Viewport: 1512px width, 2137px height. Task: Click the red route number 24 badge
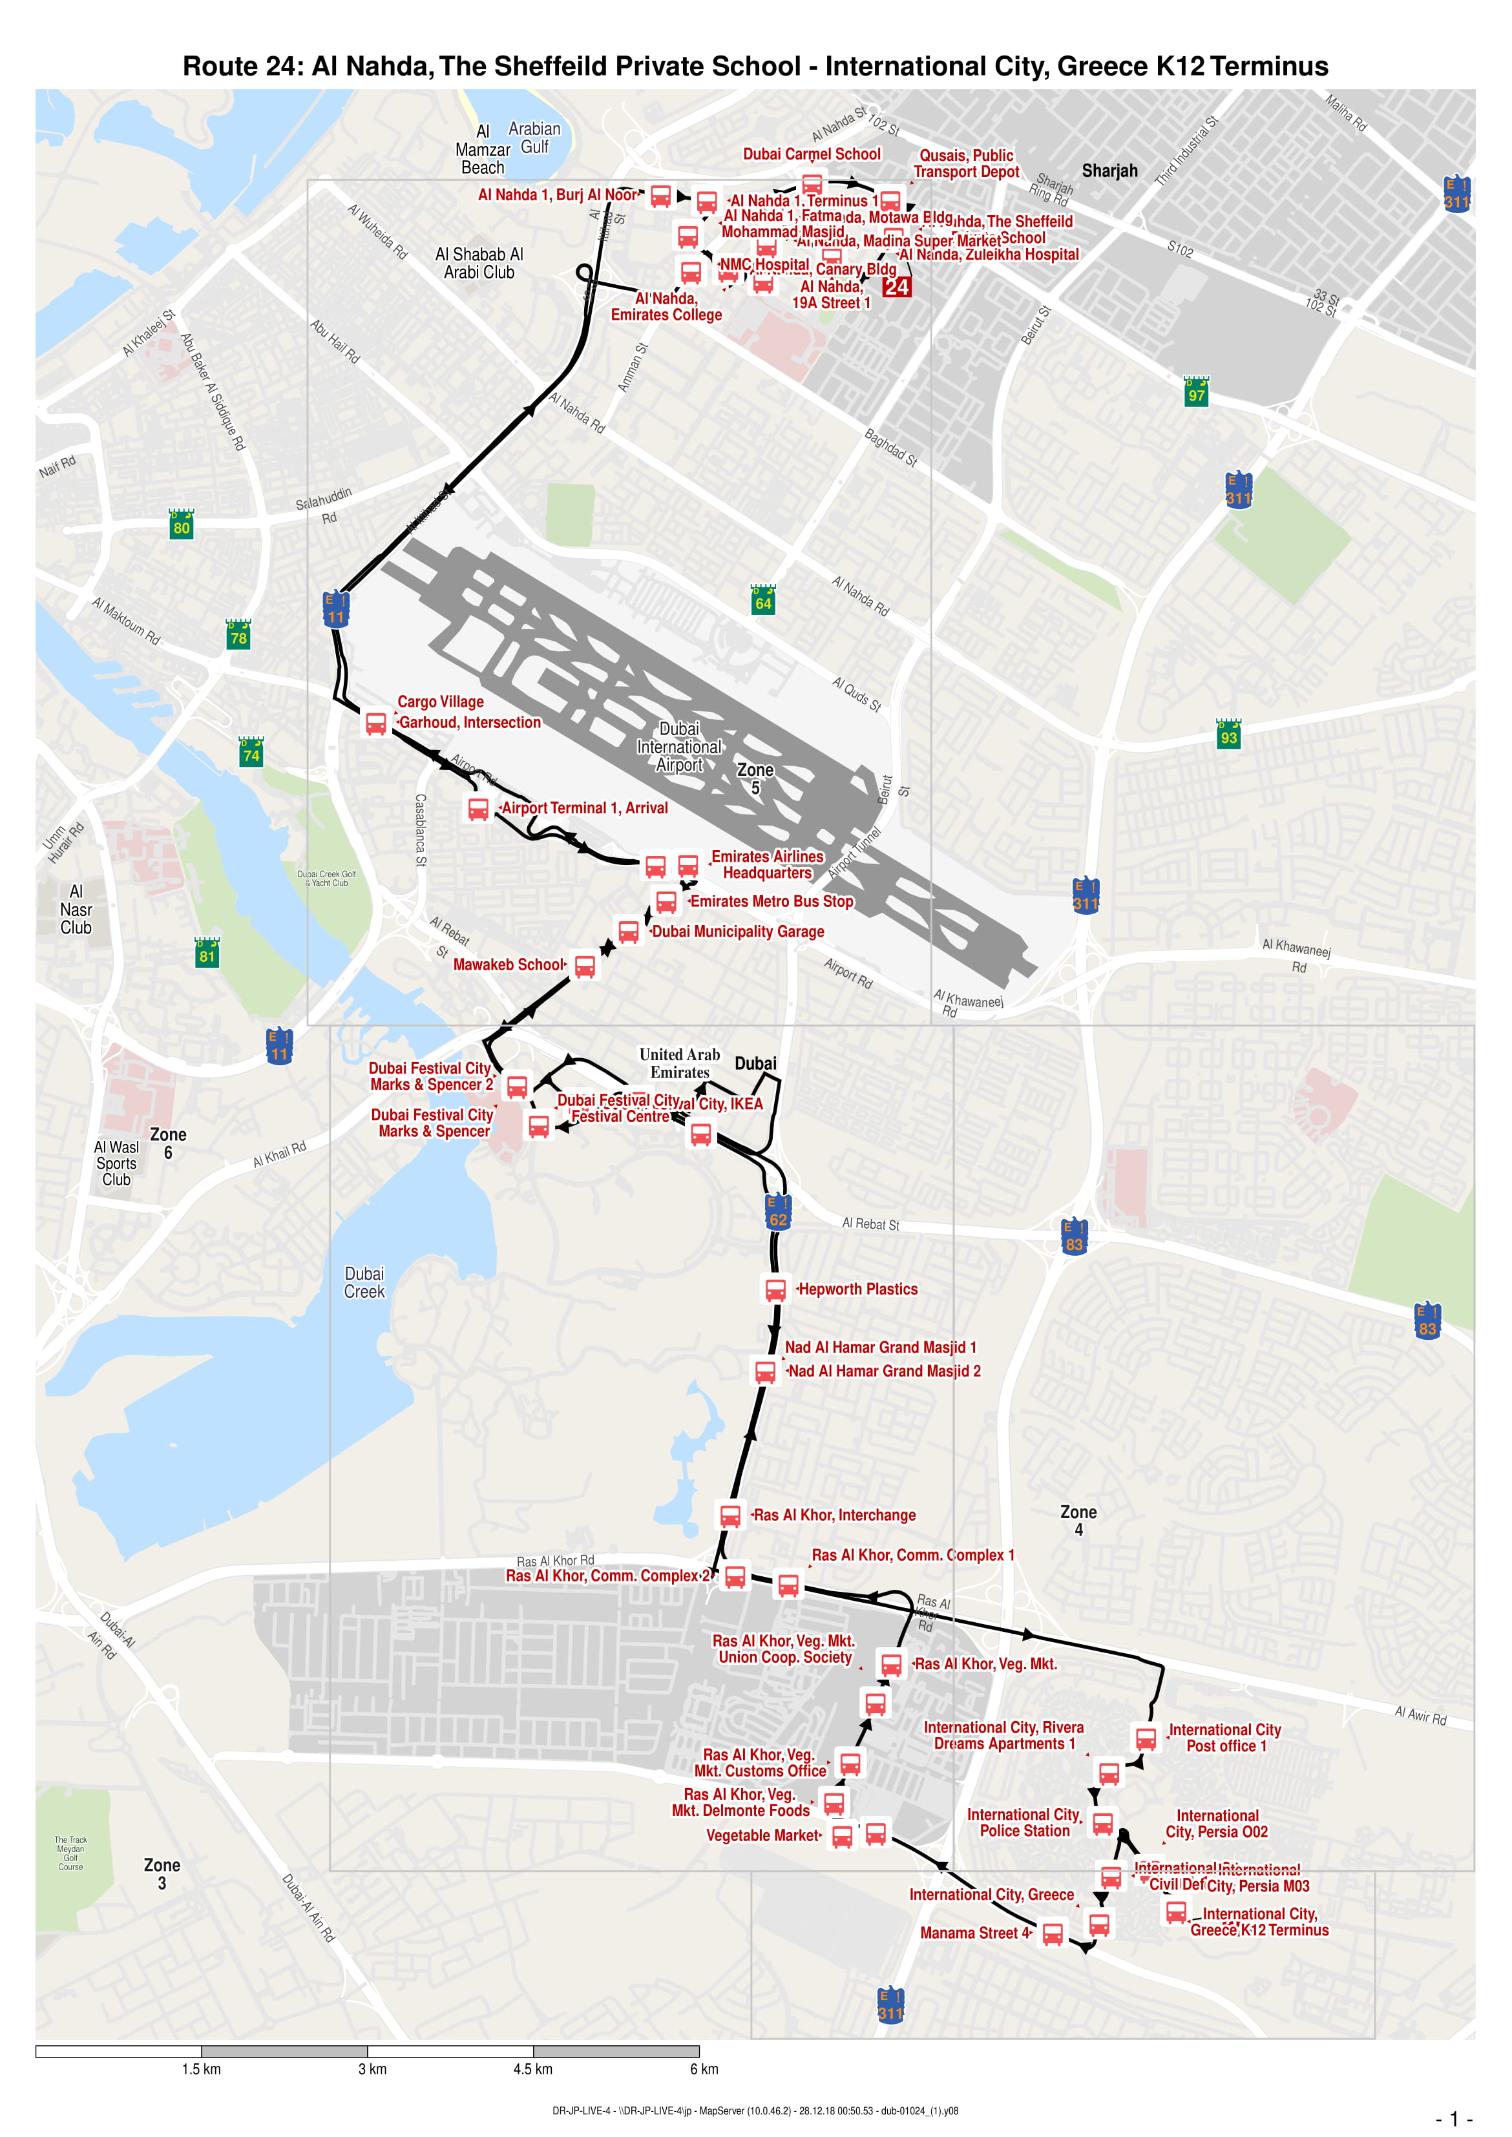pos(897,287)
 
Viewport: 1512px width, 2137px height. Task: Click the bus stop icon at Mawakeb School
pos(585,966)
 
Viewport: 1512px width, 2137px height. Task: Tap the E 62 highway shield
pos(779,1212)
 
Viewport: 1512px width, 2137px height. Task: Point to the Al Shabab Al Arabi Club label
pos(479,264)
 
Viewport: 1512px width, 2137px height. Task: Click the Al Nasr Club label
pos(76,910)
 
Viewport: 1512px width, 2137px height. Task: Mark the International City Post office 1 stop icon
pos(1146,1738)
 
